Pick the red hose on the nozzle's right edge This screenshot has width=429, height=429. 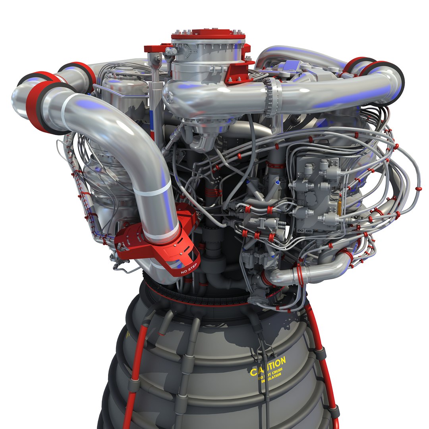(x=324, y=357)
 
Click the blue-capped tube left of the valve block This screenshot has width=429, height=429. (x=248, y=182)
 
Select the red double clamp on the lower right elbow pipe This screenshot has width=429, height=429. (x=299, y=274)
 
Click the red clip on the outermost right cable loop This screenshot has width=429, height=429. (x=418, y=189)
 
